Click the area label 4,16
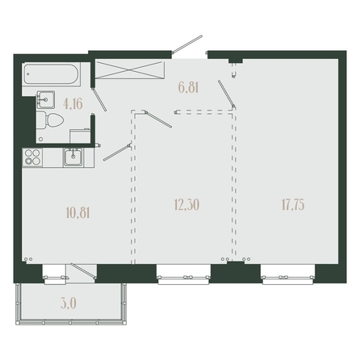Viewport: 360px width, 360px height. click(73, 104)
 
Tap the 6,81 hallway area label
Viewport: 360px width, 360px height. click(188, 87)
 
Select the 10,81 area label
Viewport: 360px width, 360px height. click(77, 213)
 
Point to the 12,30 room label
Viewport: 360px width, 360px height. click(187, 205)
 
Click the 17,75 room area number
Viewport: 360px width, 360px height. click(293, 204)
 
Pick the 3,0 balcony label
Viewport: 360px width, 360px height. click(69, 303)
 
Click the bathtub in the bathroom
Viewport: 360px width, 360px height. click(52, 74)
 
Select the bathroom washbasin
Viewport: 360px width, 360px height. click(46, 99)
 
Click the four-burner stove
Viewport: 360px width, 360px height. click(32, 157)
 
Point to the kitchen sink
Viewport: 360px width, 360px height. click(73, 157)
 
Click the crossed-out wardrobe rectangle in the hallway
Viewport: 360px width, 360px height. click(129, 69)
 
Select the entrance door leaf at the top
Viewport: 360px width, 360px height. click(187, 44)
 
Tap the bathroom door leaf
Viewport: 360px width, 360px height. click(99, 98)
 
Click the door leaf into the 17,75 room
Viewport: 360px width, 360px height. click(227, 94)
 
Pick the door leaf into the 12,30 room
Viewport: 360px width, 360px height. click(158, 119)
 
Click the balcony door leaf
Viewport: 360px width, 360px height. click(83, 271)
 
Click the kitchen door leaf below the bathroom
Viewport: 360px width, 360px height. click(117, 153)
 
